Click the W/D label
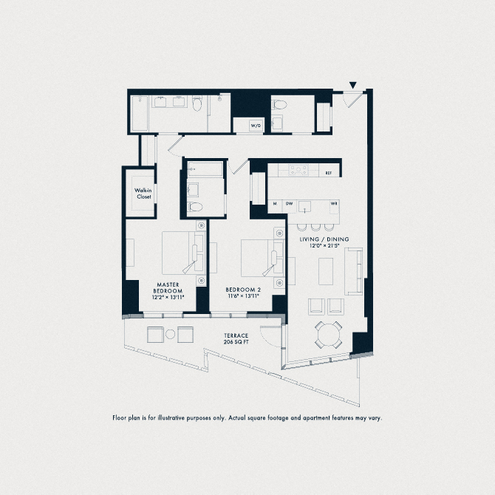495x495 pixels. [x=256, y=126]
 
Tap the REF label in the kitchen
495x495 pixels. [x=329, y=173]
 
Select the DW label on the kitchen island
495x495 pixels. [x=290, y=203]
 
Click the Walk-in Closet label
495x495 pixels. [x=143, y=194]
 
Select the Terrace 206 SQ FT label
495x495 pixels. [x=236, y=341]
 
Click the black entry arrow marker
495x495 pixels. [x=353, y=86]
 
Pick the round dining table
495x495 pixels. [x=329, y=334]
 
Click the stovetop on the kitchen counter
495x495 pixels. [x=297, y=170]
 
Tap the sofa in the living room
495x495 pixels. [x=355, y=273]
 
